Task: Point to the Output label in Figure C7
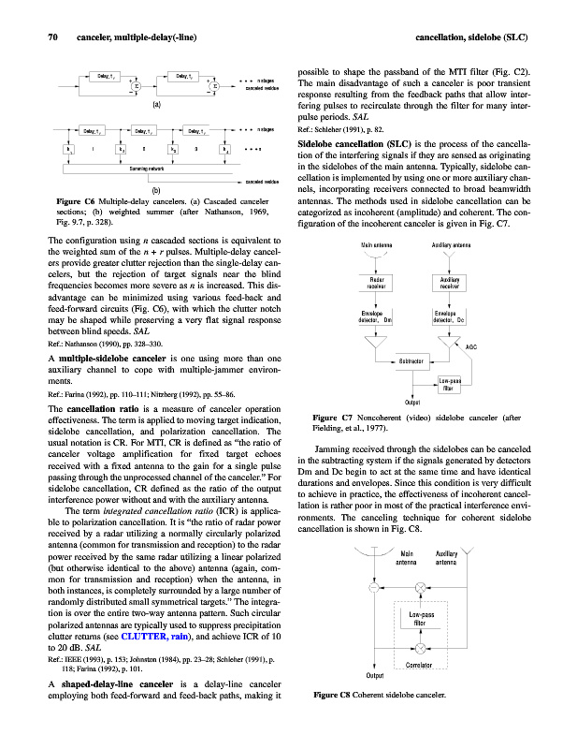pos(411,402)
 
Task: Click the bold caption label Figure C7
pos(333,417)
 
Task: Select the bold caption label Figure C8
pos(334,696)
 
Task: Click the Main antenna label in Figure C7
pos(377,245)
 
